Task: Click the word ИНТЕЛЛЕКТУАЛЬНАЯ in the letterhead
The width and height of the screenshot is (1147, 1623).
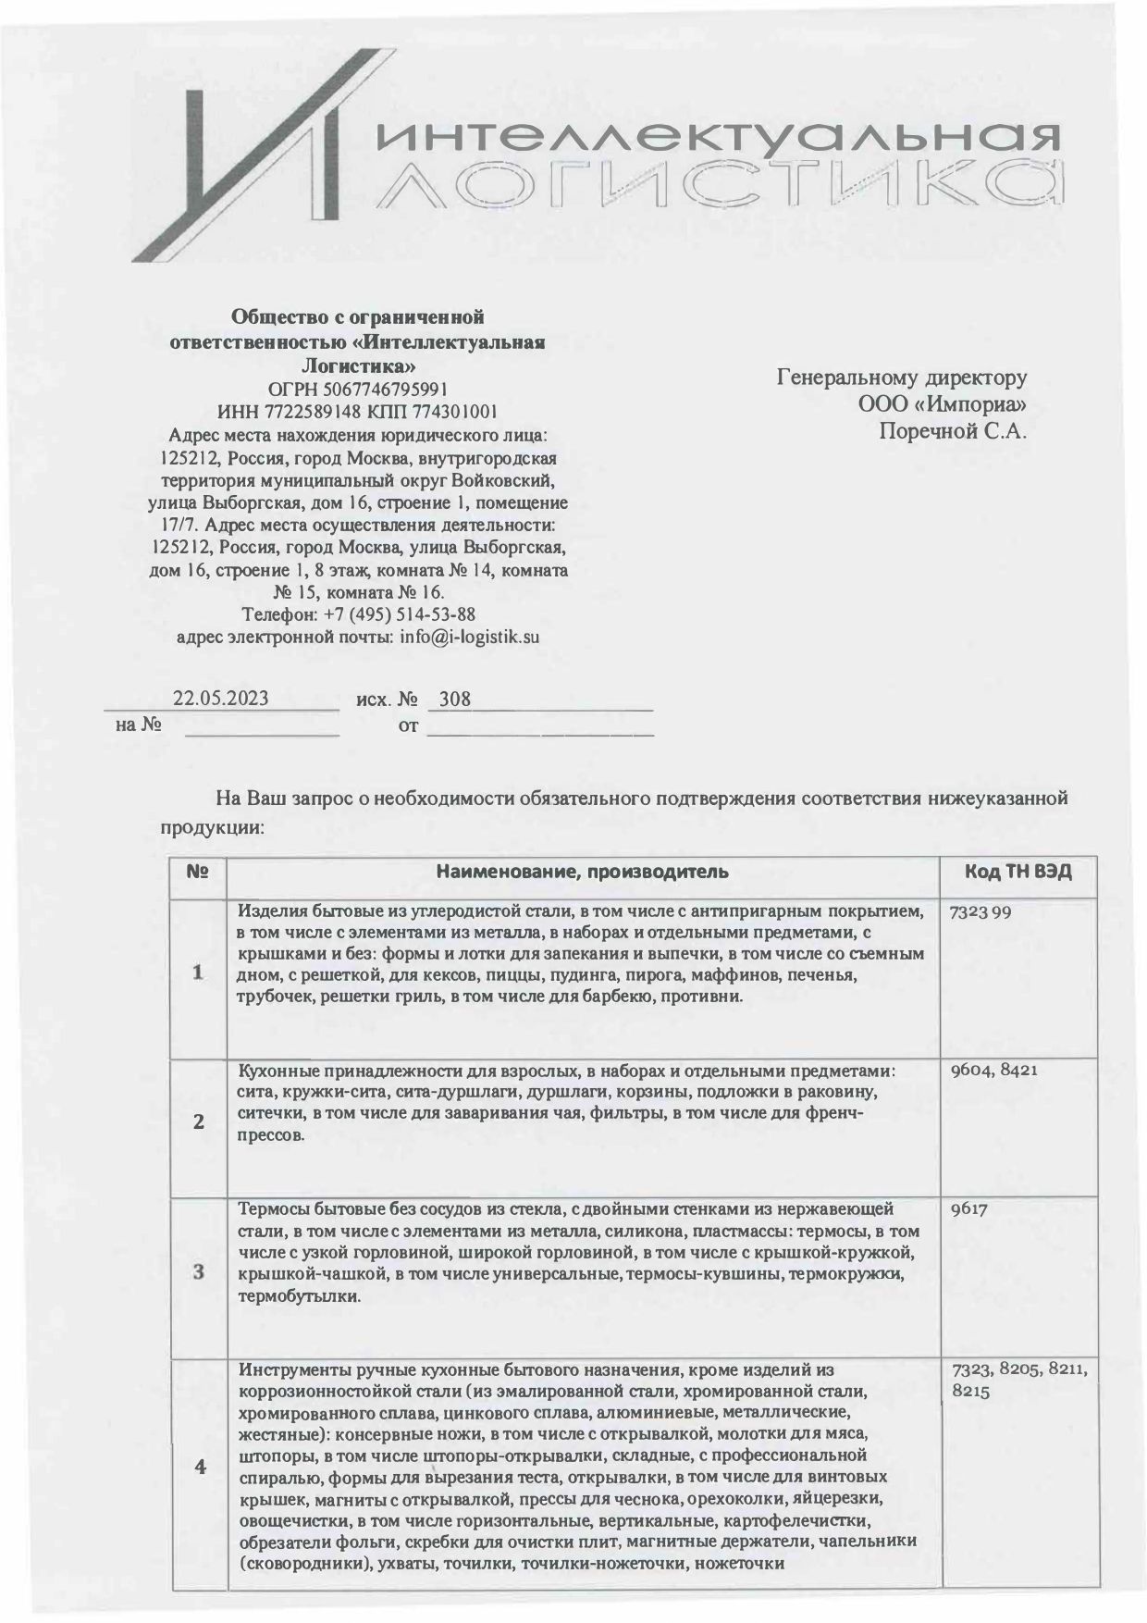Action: (718, 140)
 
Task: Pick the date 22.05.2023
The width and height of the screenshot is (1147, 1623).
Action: (221, 699)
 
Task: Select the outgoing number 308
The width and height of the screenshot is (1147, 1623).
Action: (454, 699)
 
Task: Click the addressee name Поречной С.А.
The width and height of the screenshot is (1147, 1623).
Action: (953, 430)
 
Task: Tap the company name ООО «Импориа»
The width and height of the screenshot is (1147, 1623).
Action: (943, 404)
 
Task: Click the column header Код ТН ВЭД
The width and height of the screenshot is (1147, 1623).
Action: (1017, 872)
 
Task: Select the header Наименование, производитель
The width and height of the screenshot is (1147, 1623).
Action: (583, 872)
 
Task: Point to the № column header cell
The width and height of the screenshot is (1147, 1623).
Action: (198, 872)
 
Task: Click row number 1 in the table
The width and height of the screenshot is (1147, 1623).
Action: (197, 973)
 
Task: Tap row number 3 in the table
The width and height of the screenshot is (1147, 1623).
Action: (198, 1271)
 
